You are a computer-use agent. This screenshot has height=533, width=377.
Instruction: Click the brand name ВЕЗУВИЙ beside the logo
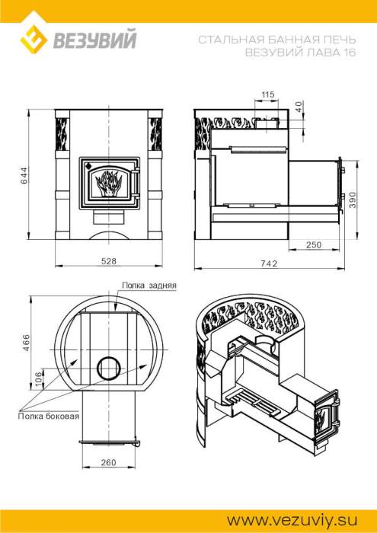point(94,39)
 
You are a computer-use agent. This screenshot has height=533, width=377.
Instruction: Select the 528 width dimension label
point(109,261)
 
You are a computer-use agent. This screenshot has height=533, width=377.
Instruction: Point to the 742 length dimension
point(270,263)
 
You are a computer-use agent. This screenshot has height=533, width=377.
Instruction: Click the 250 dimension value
point(313,244)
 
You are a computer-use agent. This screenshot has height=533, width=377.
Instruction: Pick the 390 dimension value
point(352,199)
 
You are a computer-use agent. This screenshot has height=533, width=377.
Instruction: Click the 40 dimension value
point(299,107)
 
